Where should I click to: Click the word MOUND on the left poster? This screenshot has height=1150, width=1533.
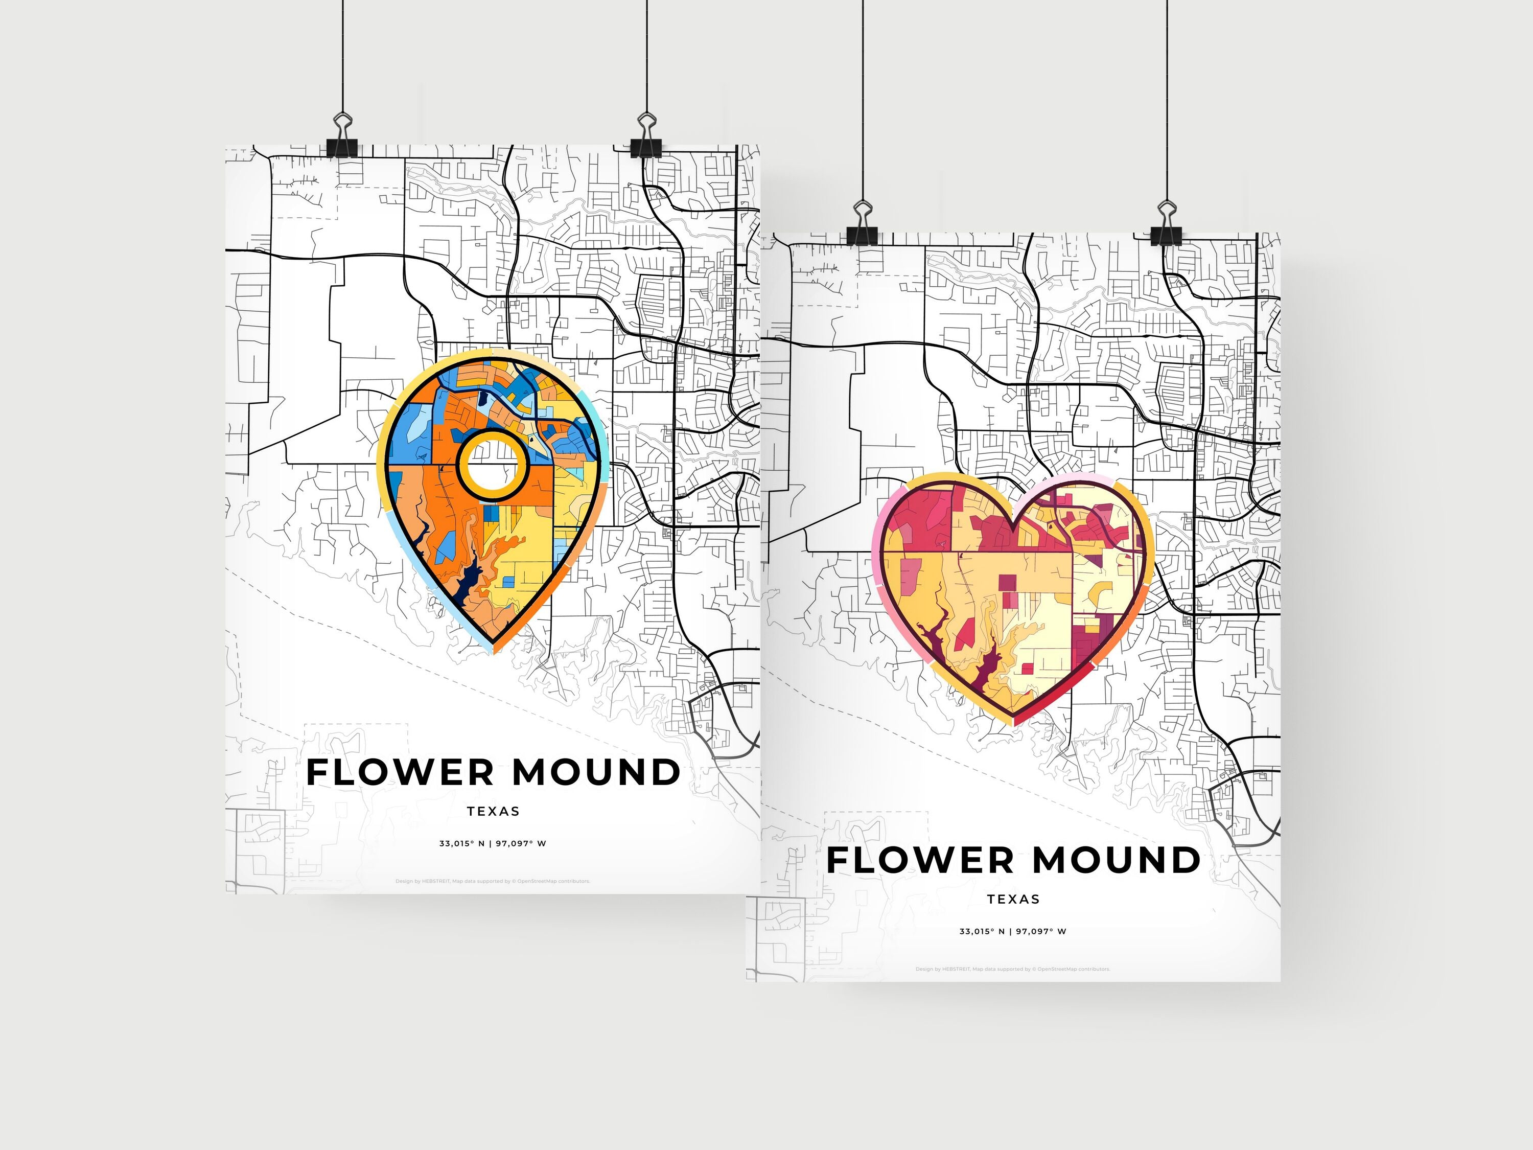click(x=596, y=772)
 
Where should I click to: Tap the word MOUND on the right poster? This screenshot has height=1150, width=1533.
click(x=1117, y=860)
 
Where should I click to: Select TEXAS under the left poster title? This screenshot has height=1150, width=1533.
click(x=493, y=811)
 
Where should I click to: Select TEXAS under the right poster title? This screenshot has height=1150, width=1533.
click(x=1013, y=899)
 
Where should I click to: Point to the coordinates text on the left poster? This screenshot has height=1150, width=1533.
click(x=493, y=844)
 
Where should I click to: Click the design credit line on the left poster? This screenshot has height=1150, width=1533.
click(x=493, y=881)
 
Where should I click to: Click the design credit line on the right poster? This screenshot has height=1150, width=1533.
click(x=1013, y=969)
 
